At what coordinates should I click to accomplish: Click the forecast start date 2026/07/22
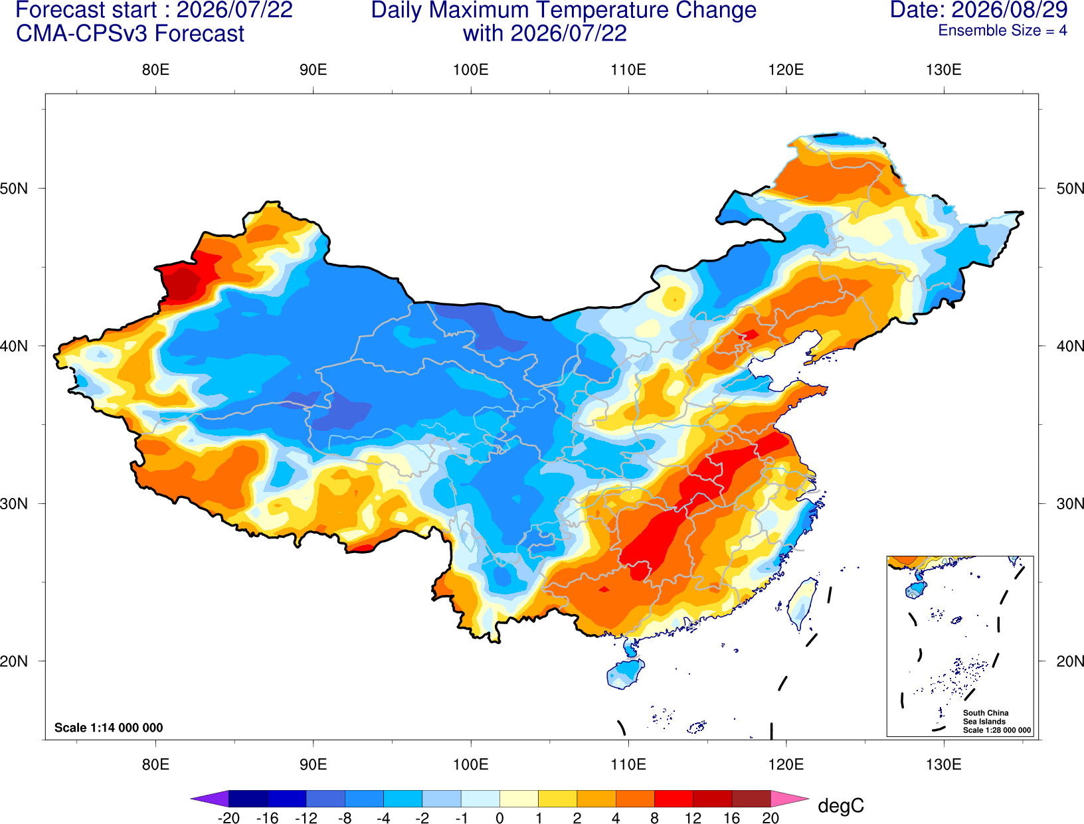point(234,9)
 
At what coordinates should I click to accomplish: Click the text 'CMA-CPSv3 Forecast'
point(130,34)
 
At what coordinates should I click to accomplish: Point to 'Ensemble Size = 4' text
point(1002,31)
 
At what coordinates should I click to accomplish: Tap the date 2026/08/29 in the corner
point(1010,9)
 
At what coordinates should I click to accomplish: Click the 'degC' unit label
point(840,805)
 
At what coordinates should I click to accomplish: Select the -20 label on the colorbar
point(228,818)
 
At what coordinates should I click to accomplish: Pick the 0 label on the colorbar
point(499,818)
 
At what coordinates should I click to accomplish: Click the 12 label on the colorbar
point(693,818)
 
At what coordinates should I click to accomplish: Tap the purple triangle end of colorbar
point(209,798)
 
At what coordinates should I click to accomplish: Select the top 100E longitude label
point(471,70)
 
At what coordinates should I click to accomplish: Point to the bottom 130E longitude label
point(944,764)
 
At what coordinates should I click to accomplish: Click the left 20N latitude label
point(14,661)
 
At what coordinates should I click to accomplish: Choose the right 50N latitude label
point(1069,188)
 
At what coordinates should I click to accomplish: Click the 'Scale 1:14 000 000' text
point(109,727)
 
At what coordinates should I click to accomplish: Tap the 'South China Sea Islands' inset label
point(986,717)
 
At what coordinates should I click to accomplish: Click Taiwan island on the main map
point(800,604)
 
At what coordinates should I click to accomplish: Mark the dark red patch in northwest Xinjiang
point(182,283)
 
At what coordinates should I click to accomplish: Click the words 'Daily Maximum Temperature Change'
point(563,10)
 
